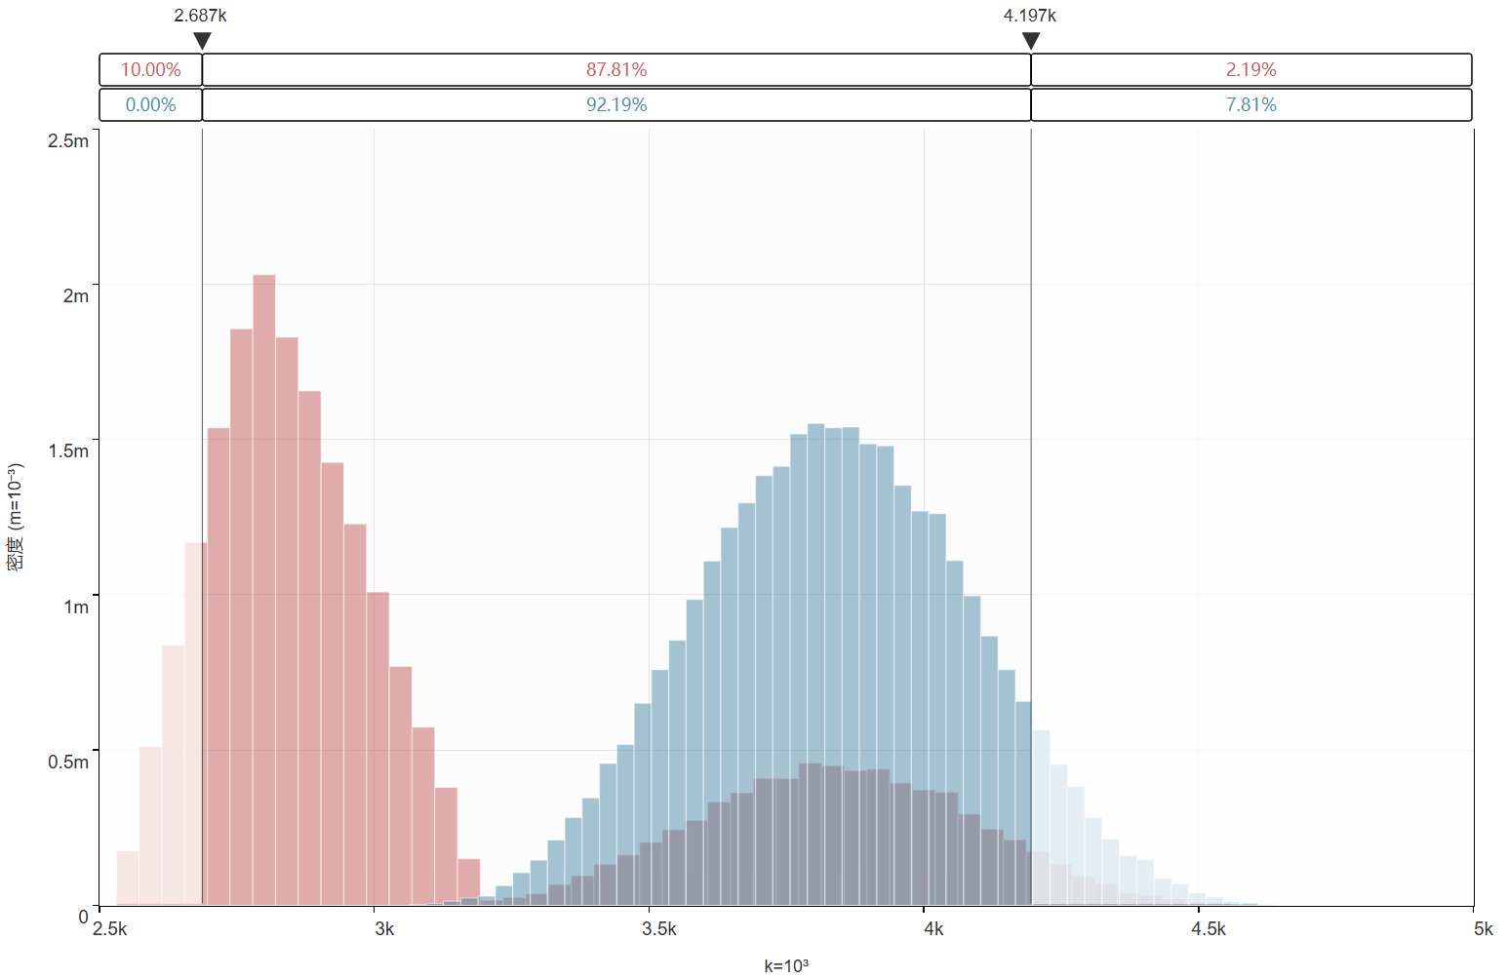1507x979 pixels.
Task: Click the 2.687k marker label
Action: click(200, 16)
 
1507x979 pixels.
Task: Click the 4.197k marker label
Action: click(1029, 16)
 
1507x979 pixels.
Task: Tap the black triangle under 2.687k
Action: click(202, 41)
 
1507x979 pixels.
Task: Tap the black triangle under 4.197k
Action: click(1031, 41)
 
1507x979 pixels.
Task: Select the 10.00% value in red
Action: click(150, 70)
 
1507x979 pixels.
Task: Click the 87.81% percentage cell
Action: click(616, 70)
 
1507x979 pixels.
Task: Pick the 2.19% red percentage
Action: click(1250, 70)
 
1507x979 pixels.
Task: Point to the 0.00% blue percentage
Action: click(150, 105)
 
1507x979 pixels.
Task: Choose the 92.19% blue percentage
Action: click(616, 105)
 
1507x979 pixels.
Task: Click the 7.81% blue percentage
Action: click(1250, 105)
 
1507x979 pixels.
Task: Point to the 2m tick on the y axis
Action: click(75, 295)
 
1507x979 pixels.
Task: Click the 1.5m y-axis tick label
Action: click(68, 450)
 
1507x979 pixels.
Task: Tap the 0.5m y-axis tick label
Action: click(68, 762)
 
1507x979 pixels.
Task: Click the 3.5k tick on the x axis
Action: click(658, 928)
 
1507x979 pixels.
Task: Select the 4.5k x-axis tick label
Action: click(1208, 928)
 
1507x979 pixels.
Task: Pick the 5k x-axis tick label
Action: click(1483, 928)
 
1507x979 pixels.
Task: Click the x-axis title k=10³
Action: click(785, 965)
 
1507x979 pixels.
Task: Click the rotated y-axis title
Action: click(16, 517)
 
